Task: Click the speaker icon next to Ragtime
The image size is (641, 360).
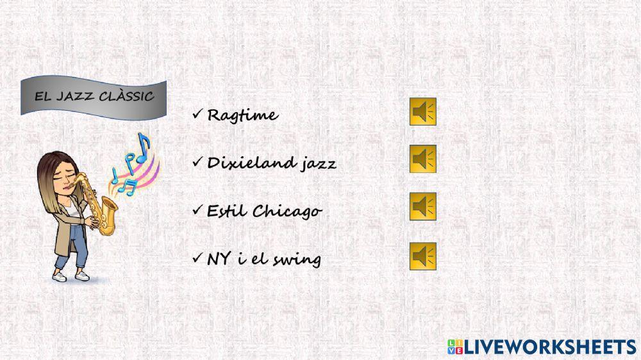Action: point(423,111)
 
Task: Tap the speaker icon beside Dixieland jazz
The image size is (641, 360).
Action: point(423,159)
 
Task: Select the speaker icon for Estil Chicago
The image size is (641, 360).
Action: point(423,206)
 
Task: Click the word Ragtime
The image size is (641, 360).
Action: point(242,116)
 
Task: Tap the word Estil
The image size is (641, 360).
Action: point(226,211)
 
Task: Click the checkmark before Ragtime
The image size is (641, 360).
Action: point(197,115)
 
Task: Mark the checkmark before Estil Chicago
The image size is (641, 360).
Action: point(197,210)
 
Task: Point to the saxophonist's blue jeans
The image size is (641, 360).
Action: point(75,247)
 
